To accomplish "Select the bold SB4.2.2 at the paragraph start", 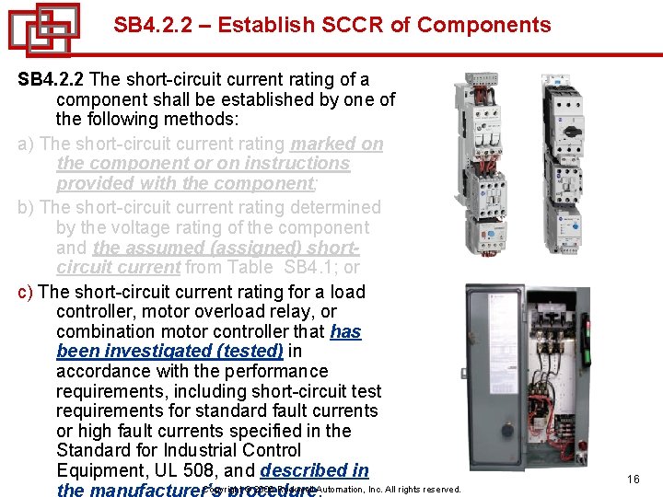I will pos(52,80).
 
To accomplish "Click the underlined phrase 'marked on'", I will pos(337,144).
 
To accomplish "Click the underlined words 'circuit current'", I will pos(118,267).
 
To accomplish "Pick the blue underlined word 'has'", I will pos(345,331).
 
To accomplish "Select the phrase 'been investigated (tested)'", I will pos(169,351).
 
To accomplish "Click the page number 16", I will pos(633,480).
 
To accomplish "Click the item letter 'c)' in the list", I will pos(27,292).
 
